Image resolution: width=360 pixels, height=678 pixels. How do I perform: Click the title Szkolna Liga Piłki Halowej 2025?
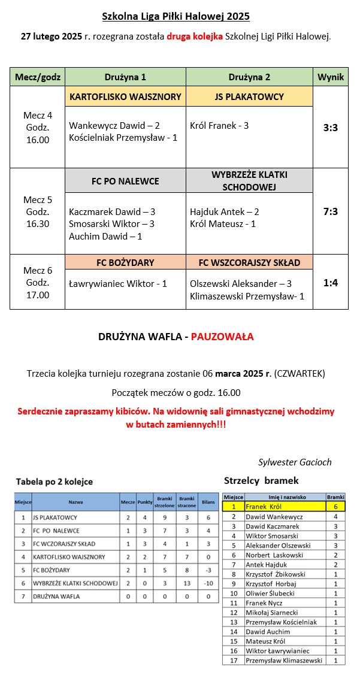176,16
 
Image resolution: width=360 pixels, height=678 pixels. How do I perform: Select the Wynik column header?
331,77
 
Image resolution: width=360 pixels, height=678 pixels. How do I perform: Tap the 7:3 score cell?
331,211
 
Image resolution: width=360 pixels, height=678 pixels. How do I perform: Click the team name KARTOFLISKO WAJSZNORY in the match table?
125,97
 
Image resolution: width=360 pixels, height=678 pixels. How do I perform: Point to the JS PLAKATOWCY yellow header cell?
249,97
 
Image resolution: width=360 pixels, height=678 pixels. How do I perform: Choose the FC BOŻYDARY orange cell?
125,262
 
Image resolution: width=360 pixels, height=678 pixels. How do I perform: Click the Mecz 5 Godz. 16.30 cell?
37,211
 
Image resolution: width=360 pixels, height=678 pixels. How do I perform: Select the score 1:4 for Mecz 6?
331,282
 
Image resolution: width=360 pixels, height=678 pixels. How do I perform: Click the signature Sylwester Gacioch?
295,462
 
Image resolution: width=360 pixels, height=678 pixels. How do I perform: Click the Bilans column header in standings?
208,501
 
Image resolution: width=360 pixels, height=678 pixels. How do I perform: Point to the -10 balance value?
208,583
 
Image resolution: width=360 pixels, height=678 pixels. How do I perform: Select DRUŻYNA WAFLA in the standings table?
56,597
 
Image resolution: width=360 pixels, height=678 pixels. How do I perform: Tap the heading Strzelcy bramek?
261,480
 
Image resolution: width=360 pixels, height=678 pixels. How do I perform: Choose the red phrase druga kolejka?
195,37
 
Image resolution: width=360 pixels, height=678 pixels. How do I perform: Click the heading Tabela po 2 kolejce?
55,482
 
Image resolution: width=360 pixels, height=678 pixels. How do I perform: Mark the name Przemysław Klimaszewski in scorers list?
284,660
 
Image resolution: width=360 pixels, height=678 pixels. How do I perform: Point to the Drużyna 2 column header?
249,77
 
